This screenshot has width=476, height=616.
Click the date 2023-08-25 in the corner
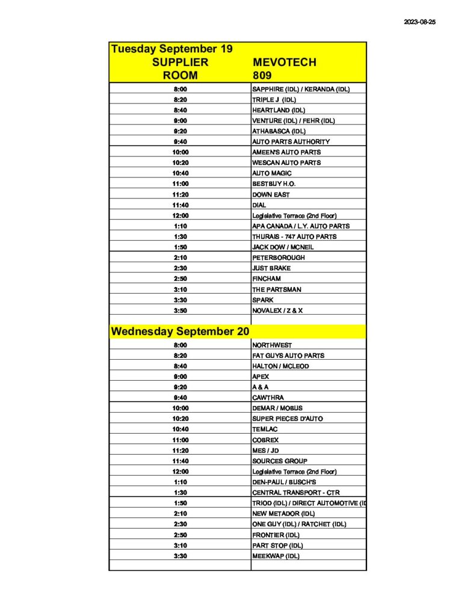419,22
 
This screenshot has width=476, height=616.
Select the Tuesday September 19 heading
172,49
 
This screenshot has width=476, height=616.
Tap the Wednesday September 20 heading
180,331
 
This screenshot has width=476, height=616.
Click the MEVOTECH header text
285,62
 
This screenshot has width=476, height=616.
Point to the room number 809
262,75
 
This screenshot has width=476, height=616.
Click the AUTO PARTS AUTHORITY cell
291,141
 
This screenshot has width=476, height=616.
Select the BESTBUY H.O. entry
274,183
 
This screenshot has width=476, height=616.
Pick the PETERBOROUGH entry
279,257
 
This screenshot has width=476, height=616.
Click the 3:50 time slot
180,310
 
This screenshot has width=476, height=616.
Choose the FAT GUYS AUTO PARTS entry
288,356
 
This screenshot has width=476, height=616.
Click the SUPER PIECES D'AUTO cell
288,419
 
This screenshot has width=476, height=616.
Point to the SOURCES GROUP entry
280,461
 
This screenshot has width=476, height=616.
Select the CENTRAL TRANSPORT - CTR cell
296,493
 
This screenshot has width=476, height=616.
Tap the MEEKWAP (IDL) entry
276,556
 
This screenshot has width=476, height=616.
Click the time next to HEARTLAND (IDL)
180,110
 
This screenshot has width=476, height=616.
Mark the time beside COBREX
180,440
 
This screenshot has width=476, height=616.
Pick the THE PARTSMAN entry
277,289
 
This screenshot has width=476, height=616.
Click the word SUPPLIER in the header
180,62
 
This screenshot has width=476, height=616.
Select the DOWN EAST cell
271,194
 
